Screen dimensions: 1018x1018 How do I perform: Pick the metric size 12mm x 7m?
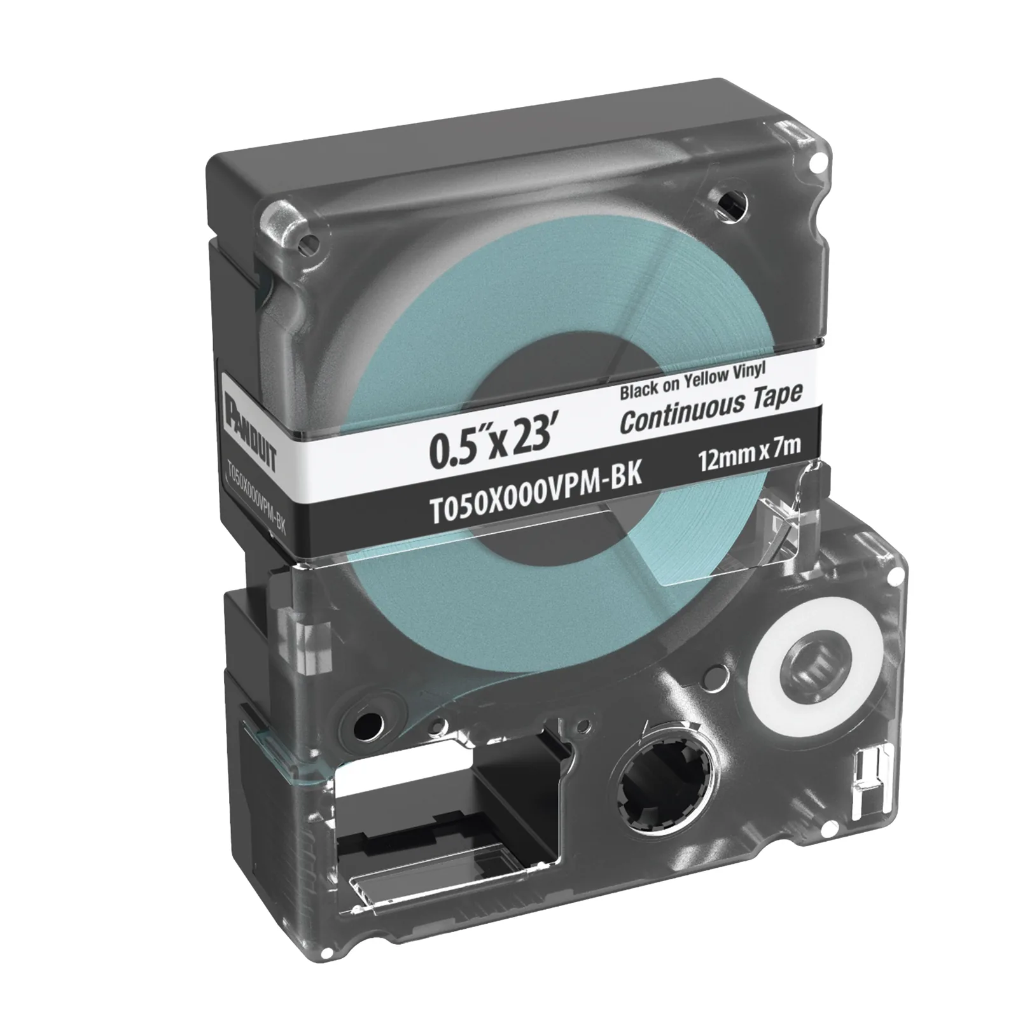(x=748, y=455)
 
